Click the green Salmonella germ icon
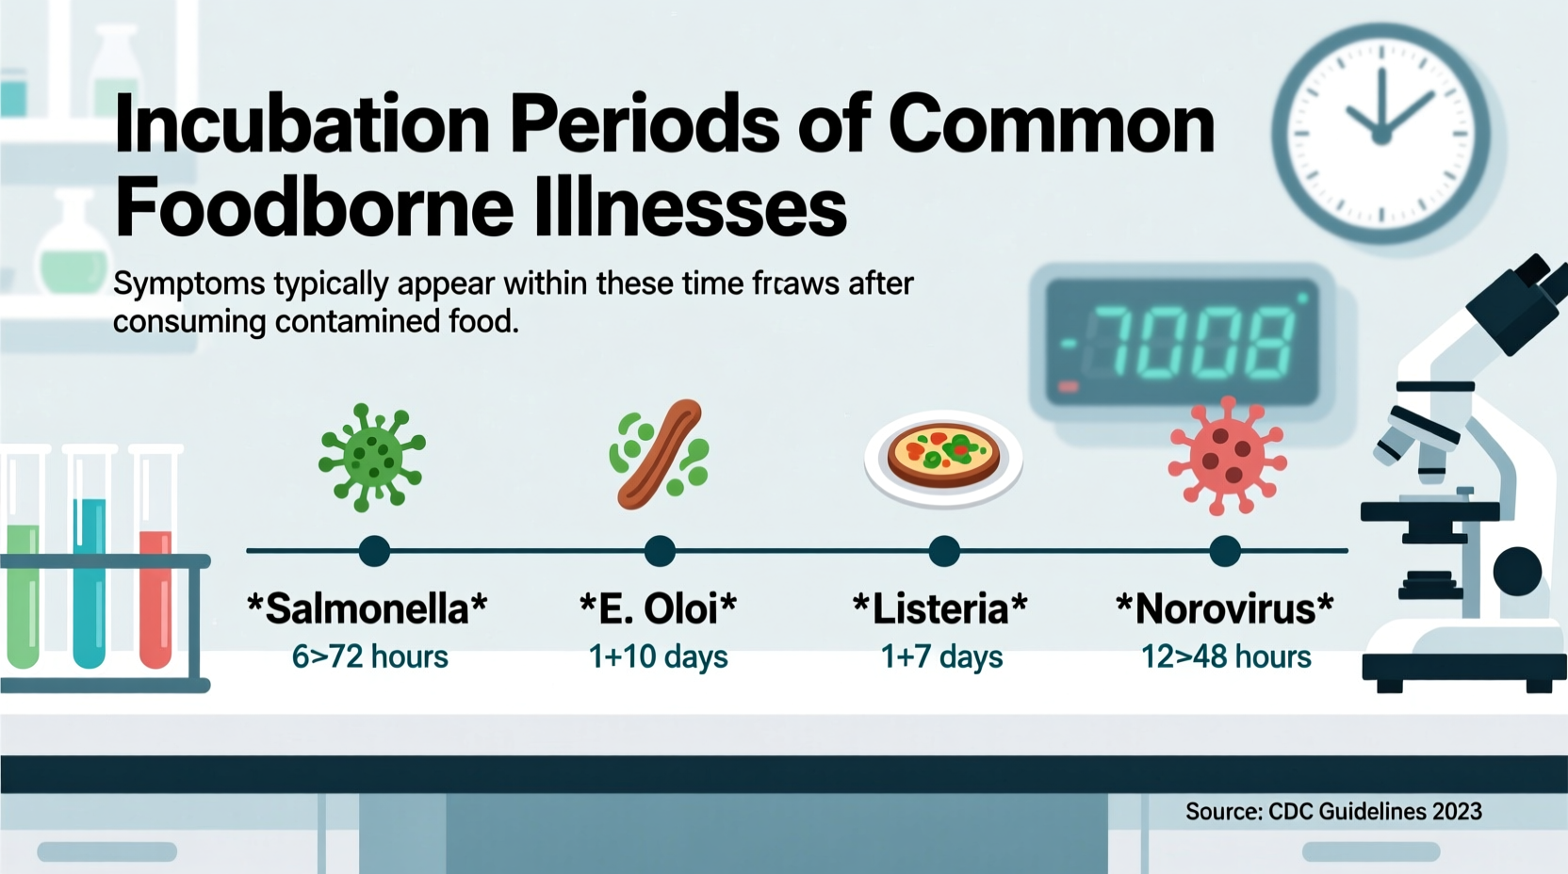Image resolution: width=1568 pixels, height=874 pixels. [x=372, y=457]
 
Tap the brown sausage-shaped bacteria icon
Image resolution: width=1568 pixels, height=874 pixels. [x=660, y=454]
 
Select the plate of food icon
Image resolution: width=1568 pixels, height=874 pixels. [x=943, y=458]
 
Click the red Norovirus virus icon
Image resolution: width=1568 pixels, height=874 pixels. [x=1227, y=457]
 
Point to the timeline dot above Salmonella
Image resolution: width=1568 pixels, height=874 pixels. [x=374, y=551]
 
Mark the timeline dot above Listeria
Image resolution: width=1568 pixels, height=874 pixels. [x=943, y=551]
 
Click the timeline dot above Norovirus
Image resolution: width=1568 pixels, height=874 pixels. [x=1225, y=551]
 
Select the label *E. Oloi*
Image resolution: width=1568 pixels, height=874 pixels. [x=658, y=609]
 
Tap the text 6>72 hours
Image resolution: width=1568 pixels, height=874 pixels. [x=369, y=656]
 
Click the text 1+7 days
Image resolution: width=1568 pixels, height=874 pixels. [x=941, y=656]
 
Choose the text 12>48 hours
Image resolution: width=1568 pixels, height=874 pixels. [x=1226, y=656]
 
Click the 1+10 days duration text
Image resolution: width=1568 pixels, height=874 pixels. [x=658, y=656]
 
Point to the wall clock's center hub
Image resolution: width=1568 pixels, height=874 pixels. [x=1381, y=137]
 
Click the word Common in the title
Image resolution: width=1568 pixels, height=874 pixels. [x=1052, y=124]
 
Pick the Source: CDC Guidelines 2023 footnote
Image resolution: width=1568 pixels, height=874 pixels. [x=1333, y=812]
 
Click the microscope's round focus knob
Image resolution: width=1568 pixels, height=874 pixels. [x=1516, y=571]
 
